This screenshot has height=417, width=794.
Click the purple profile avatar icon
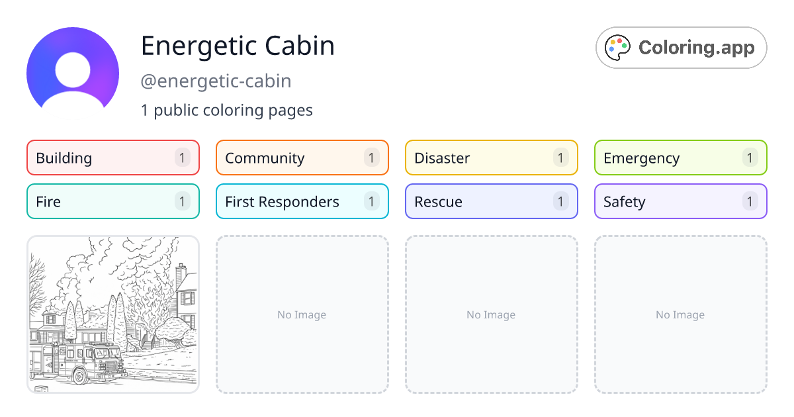click(x=73, y=73)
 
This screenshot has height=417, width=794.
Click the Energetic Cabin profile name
click(x=238, y=46)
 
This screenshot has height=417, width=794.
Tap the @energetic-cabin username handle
click(x=216, y=81)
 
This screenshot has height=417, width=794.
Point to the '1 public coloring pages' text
click(x=226, y=111)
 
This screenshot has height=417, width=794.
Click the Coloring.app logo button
click(x=681, y=48)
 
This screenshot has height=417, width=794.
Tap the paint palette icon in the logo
click(x=617, y=48)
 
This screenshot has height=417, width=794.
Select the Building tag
click(x=113, y=158)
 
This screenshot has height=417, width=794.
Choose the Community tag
click(x=302, y=158)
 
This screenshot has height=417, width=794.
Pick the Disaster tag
click(x=492, y=158)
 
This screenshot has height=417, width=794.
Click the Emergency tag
click(x=681, y=158)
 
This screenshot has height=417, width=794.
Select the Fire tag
click(x=113, y=201)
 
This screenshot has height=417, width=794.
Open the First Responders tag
click(x=302, y=201)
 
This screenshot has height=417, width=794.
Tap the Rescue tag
click(x=492, y=201)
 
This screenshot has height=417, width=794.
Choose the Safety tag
click(x=681, y=201)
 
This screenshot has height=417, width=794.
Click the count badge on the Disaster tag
click(x=560, y=158)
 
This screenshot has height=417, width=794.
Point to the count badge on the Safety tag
click(x=750, y=201)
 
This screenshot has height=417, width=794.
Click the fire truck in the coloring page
click(x=78, y=361)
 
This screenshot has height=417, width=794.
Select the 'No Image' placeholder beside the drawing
click(x=302, y=314)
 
